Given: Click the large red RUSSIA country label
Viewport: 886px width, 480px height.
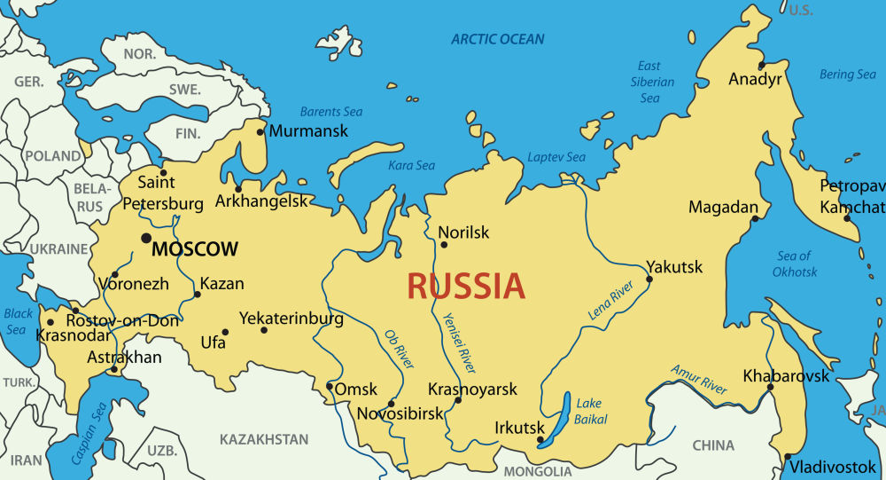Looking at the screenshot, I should click(466, 287).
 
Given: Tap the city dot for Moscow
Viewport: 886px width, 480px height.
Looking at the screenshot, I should click(145, 238).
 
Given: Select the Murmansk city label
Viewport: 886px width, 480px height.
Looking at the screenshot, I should click(308, 131).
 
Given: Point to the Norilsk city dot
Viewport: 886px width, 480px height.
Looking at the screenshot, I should click(443, 245).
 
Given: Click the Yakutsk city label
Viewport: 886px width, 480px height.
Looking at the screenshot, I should click(674, 267).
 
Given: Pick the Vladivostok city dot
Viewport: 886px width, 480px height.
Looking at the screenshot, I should click(787, 457).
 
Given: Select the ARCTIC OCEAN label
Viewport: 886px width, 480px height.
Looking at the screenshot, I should click(498, 39).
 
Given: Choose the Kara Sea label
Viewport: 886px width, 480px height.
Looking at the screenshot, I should click(412, 165).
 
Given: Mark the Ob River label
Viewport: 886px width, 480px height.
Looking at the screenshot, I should click(400, 350).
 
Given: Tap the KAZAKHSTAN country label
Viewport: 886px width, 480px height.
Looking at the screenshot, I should click(264, 439).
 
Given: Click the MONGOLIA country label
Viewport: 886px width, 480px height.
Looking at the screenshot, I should click(538, 471).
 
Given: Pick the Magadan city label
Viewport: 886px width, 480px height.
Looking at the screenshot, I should click(723, 208).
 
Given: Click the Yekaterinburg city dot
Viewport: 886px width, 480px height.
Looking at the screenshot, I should click(264, 330).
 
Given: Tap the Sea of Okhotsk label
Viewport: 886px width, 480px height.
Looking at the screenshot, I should click(795, 264).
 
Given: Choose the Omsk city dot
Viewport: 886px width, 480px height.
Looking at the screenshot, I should click(330, 386).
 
